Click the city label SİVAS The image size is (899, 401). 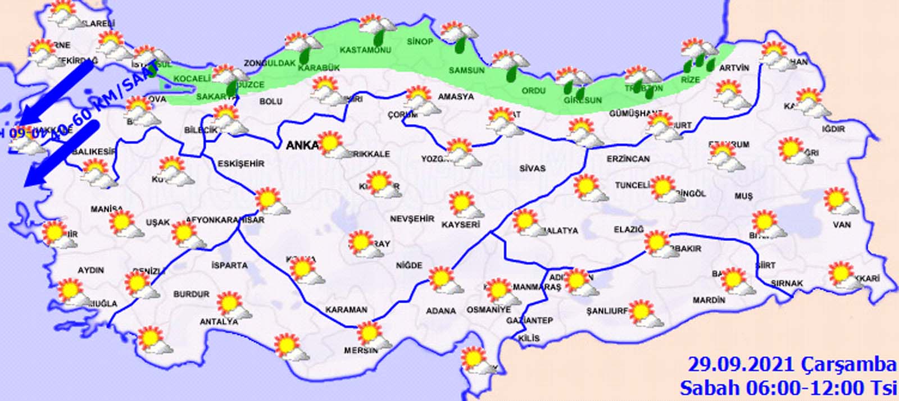(532, 168)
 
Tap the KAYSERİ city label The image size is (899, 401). (461, 225)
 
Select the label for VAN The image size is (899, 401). (842, 225)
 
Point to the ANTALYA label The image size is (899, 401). (219, 322)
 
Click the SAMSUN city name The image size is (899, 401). (466, 70)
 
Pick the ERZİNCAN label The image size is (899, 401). (628, 159)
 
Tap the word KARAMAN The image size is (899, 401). (346, 309)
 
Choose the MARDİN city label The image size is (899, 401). (709, 300)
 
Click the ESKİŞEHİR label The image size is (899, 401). (241, 163)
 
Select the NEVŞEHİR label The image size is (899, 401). (412, 218)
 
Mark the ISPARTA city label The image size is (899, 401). (229, 265)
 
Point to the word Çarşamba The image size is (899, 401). (850, 365)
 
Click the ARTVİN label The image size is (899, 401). (734, 67)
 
